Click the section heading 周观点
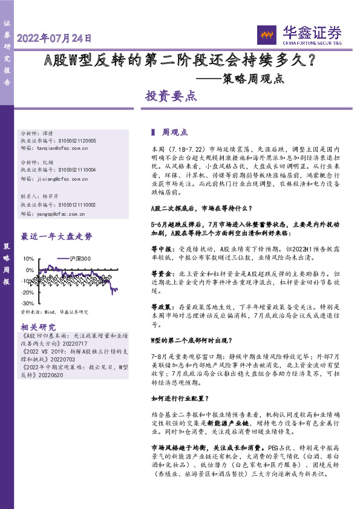(x=175, y=131)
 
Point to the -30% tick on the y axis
(x=28, y=303)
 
